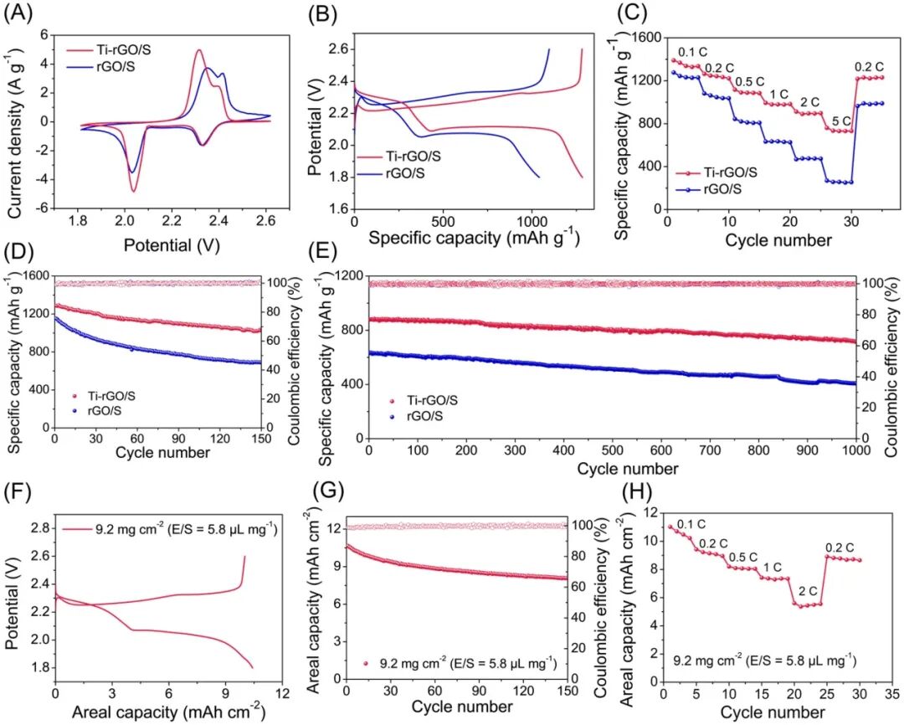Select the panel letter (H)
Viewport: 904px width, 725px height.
click(634, 491)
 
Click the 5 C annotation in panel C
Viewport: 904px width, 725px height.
click(841, 121)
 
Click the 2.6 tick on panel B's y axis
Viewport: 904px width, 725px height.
click(340, 49)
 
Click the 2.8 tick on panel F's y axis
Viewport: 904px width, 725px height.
click(39, 528)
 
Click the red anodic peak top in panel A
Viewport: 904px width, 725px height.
click(199, 49)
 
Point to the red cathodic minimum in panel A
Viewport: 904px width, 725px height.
click(133, 191)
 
